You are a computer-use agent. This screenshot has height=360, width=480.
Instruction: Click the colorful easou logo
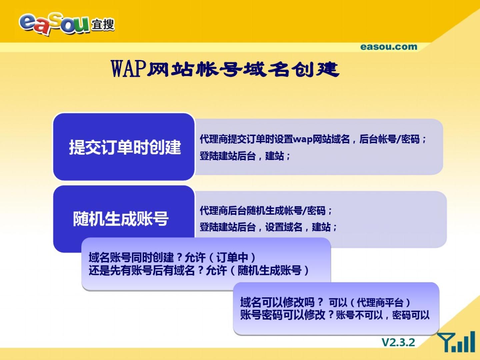[55, 24]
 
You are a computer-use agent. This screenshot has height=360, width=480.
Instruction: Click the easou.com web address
[389, 47]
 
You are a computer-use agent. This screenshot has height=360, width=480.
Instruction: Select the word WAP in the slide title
[129, 69]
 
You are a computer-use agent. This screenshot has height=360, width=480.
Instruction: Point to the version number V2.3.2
[398, 342]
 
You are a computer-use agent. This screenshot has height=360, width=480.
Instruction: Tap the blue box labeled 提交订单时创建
[124, 147]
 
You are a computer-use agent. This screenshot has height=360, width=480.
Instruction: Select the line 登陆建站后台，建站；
[245, 156]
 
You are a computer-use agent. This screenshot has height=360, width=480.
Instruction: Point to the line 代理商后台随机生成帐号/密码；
[266, 211]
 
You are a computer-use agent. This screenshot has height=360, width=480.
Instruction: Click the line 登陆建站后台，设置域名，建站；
[268, 227]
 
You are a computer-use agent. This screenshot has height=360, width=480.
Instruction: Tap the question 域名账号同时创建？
[136, 257]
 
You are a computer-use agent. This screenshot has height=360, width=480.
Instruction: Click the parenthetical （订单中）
[232, 257]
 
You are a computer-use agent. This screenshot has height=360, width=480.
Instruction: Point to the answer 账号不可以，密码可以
[383, 315]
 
